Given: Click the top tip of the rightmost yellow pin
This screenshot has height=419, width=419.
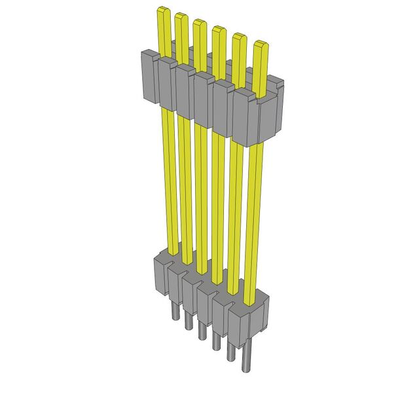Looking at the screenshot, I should pos(260,44).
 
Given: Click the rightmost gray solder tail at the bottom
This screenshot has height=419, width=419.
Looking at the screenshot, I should pos(247,362).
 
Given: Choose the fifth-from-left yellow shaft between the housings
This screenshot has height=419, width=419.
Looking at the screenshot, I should pos(234,216).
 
